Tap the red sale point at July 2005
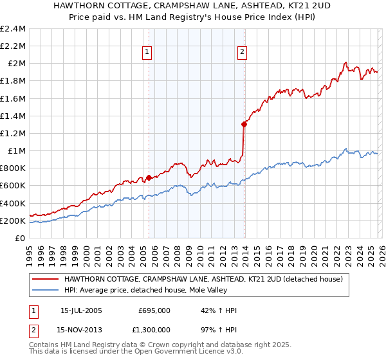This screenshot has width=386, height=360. pos(149,177)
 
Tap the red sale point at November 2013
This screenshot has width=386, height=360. pos(244,124)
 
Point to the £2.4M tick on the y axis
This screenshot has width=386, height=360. pos(13,29)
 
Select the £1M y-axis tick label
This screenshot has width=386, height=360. pos(16,151)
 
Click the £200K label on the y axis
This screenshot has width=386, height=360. pos(13,221)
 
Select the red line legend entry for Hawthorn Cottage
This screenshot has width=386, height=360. pos(206,280)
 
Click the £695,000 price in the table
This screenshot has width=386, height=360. pos(154,310)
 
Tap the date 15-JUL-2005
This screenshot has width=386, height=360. pos(81,310)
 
